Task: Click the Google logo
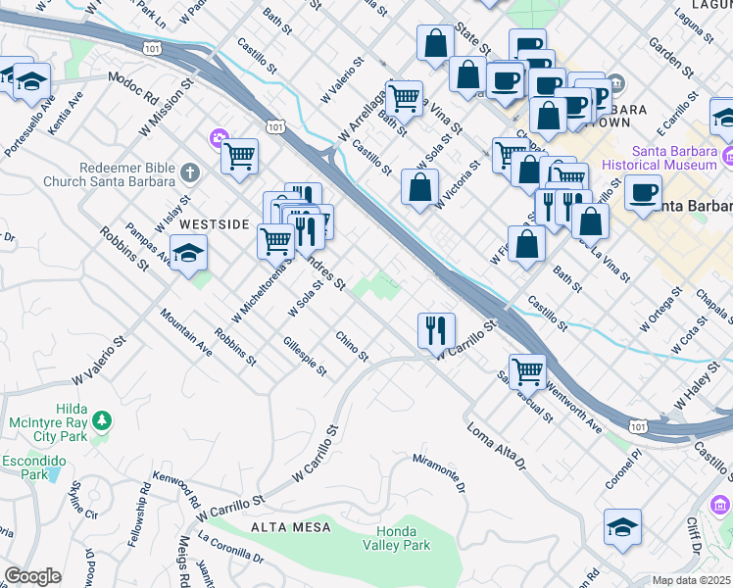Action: click(x=32, y=576)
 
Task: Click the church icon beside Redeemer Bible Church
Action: click(x=190, y=173)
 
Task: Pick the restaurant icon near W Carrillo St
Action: click(x=436, y=330)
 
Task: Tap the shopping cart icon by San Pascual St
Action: click(x=527, y=371)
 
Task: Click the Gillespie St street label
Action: click(x=304, y=358)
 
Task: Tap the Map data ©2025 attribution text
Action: click(x=692, y=579)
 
